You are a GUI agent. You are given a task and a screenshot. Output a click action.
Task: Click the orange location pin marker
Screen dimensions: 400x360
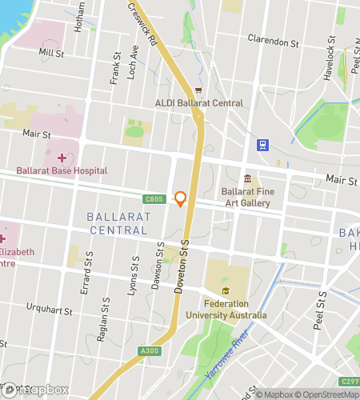181,199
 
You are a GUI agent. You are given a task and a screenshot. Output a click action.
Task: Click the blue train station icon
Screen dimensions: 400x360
262,145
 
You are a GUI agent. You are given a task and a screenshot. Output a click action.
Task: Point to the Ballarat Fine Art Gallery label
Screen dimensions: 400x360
252,198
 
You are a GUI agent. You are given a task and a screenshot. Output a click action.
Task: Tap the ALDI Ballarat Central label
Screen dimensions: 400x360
198,102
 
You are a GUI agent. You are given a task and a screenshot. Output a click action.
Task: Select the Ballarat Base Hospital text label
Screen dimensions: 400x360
61,171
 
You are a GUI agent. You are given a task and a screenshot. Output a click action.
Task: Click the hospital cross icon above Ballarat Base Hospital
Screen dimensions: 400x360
62,156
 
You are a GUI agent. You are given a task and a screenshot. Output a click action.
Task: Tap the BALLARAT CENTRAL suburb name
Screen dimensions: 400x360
117,223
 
